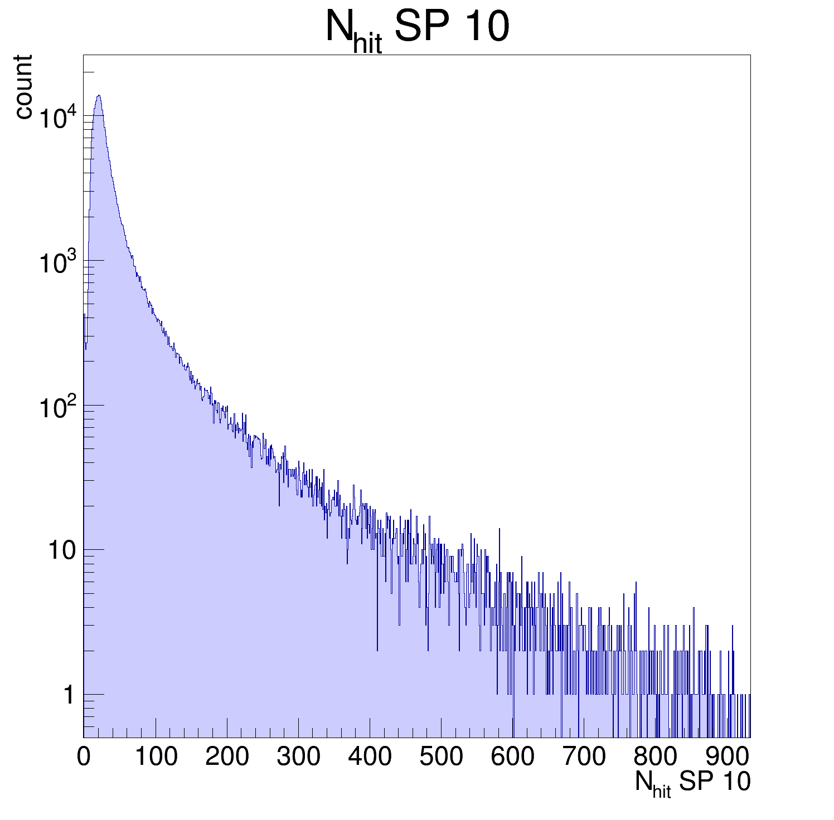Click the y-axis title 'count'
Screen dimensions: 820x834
23,87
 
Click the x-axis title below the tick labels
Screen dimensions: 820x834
692,783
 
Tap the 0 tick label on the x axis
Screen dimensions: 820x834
84,756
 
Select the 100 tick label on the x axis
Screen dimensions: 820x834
156,756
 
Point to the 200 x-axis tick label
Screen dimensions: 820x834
227,756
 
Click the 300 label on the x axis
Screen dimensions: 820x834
298,756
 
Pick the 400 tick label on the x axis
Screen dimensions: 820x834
370,756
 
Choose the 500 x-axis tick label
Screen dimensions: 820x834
441,756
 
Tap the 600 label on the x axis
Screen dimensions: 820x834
512,756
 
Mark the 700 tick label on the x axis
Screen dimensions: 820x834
584,756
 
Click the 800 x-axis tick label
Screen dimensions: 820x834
655,756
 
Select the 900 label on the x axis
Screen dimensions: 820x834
728,756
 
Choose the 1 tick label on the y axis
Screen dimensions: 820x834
69,695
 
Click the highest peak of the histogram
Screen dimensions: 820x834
99,95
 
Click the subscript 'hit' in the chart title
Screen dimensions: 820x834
367,44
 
